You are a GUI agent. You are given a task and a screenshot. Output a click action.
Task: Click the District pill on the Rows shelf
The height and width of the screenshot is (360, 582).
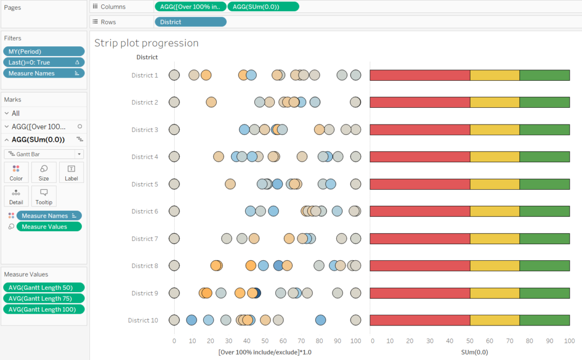[x=190, y=22]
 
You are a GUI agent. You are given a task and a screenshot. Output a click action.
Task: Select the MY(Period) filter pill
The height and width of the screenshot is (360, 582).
[x=44, y=51]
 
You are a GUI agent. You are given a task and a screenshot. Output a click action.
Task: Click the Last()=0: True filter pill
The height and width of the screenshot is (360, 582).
[x=44, y=63]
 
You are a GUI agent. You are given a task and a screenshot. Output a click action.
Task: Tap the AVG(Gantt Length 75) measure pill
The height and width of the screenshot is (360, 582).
[x=44, y=298]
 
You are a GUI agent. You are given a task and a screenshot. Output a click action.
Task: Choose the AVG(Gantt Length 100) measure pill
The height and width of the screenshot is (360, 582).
[x=44, y=309]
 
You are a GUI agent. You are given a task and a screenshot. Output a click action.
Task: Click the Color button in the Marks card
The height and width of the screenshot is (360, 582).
[x=16, y=172]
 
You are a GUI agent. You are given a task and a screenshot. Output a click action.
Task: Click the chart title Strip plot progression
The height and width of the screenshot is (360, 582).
[x=147, y=43]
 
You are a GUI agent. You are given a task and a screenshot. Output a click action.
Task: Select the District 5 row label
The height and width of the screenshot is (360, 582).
[x=144, y=184]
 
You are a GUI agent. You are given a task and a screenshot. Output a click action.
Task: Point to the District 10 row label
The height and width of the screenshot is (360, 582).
[x=143, y=320]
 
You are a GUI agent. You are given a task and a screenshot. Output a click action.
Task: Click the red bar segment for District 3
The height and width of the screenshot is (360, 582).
[x=420, y=129]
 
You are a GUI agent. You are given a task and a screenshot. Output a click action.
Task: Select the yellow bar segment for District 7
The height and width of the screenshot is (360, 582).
[x=495, y=239]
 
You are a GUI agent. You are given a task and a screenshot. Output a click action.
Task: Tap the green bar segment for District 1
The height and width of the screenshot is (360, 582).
[x=544, y=75]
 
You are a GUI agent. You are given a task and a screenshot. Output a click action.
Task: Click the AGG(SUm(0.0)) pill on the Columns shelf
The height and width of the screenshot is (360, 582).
[x=263, y=6]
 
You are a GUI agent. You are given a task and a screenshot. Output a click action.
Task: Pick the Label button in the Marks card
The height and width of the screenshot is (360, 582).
[x=71, y=172]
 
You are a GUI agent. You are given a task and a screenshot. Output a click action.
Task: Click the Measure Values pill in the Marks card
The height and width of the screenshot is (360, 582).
[x=49, y=227]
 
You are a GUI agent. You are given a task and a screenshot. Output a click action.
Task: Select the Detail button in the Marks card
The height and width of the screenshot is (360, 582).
[x=16, y=196]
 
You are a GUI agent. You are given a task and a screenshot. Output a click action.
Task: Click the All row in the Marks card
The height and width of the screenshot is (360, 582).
[x=16, y=113]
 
